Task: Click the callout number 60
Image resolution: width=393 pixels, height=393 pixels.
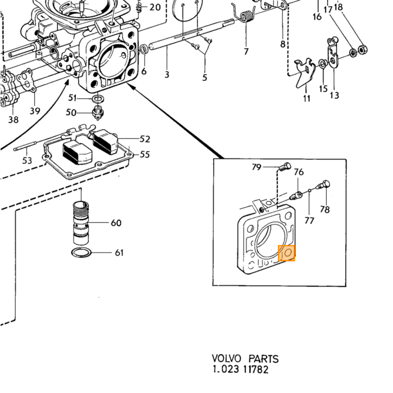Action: [x=116, y=223]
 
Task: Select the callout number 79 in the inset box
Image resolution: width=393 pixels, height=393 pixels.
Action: [x=257, y=167]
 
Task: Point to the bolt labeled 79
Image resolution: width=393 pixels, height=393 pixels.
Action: [x=285, y=167]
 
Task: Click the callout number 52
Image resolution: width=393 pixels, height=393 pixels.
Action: [x=145, y=139]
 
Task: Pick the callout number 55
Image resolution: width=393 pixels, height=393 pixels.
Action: [x=145, y=154]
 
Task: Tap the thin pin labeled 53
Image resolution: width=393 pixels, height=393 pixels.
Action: [x=26, y=146]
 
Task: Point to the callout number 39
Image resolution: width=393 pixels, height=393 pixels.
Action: [x=35, y=111]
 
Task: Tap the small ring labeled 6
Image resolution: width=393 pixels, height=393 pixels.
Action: [x=144, y=49]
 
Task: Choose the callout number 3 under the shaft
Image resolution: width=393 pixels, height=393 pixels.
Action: [x=167, y=75]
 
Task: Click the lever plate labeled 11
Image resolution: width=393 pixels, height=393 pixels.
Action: [x=305, y=72]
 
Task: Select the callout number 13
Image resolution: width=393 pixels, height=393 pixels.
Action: [x=335, y=95]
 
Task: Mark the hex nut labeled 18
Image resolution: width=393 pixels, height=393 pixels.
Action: [x=362, y=49]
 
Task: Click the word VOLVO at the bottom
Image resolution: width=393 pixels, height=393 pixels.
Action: [x=227, y=358]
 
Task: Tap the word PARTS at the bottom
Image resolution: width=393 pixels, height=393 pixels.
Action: [x=263, y=359]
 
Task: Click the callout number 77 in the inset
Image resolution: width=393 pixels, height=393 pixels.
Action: [x=309, y=221]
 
